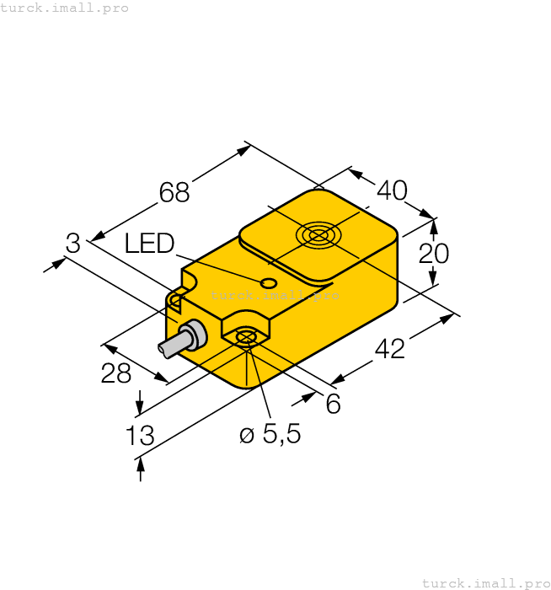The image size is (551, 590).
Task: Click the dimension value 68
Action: (x=174, y=193)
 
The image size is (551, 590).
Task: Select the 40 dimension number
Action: (x=392, y=190)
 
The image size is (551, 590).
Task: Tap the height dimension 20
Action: (x=434, y=253)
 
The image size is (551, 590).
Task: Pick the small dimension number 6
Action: (x=333, y=405)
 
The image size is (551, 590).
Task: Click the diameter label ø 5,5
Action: (x=270, y=435)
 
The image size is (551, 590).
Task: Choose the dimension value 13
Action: (x=140, y=436)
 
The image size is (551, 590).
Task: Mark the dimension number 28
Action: (x=115, y=373)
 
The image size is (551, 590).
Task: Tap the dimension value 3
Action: (x=73, y=244)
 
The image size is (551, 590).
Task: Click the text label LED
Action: (x=149, y=244)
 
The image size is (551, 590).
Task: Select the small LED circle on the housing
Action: (x=269, y=282)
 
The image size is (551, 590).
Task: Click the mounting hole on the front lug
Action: (x=246, y=337)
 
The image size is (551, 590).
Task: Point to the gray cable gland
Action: (x=193, y=335)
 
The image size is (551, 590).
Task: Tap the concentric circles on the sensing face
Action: (x=319, y=236)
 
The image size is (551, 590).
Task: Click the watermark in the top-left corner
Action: (x=65, y=8)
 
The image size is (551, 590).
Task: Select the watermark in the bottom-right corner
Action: (x=485, y=582)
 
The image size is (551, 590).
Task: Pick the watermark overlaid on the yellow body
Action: (x=275, y=295)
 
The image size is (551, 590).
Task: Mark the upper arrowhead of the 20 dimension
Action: (x=434, y=225)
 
